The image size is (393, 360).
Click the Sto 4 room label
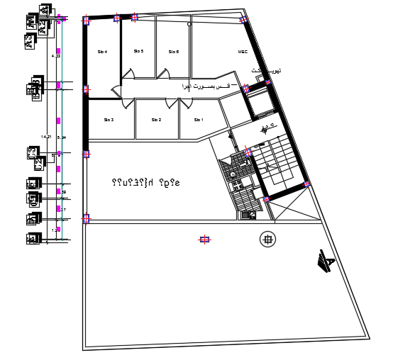(x=102, y=52)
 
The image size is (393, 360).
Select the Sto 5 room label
(x=138, y=51)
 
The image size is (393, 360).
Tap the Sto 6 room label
(x=174, y=52)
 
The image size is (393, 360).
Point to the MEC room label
(x=243, y=52)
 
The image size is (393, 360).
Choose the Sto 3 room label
(x=109, y=119)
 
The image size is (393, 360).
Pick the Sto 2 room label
(x=156, y=120)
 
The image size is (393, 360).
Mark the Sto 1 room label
(x=199, y=120)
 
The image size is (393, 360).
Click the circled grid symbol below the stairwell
(x=267, y=240)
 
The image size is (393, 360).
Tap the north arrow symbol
(x=325, y=262)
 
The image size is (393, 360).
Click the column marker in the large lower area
(x=204, y=240)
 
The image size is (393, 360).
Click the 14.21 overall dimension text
(x=46, y=136)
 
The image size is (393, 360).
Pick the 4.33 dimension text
(x=57, y=55)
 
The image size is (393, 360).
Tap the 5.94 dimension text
(x=62, y=137)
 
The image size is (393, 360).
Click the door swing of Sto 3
(x=126, y=103)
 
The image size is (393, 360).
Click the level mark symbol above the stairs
(x=265, y=129)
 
